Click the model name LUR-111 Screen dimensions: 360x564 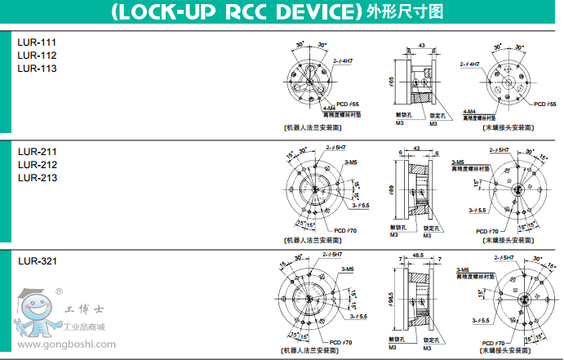[x=38, y=41]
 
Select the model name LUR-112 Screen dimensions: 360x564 [x=38, y=55]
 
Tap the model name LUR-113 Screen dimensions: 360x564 [x=38, y=69]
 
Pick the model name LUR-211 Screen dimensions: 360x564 [x=38, y=151]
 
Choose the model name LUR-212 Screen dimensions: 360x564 [x=38, y=164]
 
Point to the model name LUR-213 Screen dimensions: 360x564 [x=38, y=178]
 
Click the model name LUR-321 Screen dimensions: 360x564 [x=38, y=261]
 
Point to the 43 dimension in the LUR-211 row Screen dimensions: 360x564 [x=417, y=148]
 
